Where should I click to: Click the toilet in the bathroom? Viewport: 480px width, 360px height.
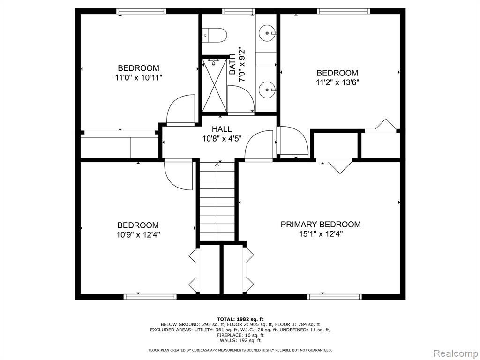pyautogui.click(x=215, y=35)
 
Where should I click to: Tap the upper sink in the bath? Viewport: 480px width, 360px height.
pyautogui.click(x=268, y=32)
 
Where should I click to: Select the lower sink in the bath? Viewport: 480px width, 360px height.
pyautogui.click(x=268, y=90)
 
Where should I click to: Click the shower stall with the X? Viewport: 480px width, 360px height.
pyautogui.click(x=215, y=85)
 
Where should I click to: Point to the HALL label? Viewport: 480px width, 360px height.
pyautogui.click(x=222, y=129)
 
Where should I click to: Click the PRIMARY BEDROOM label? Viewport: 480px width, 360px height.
pyautogui.click(x=321, y=225)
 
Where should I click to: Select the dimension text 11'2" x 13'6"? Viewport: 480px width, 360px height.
pyautogui.click(x=337, y=82)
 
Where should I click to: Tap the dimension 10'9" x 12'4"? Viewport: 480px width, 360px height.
pyautogui.click(x=138, y=235)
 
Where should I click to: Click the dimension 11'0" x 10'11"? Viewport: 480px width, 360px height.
pyautogui.click(x=139, y=77)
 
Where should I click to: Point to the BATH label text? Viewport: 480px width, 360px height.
pyautogui.click(x=232, y=64)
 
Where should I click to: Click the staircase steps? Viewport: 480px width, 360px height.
pyautogui.click(x=217, y=202)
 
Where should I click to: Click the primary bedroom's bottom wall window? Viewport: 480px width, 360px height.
pyautogui.click(x=334, y=297)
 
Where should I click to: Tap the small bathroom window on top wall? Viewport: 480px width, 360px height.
pyautogui.click(x=239, y=11)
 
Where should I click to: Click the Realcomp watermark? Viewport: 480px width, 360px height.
pyautogui.click(x=455, y=353)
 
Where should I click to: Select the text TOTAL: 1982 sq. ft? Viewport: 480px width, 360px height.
pyautogui.click(x=240, y=319)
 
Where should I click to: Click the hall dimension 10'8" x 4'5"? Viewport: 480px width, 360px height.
pyautogui.click(x=222, y=139)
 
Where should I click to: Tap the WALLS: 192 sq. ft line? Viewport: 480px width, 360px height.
pyautogui.click(x=240, y=340)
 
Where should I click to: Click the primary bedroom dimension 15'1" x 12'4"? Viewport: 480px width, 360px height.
pyautogui.click(x=321, y=234)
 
